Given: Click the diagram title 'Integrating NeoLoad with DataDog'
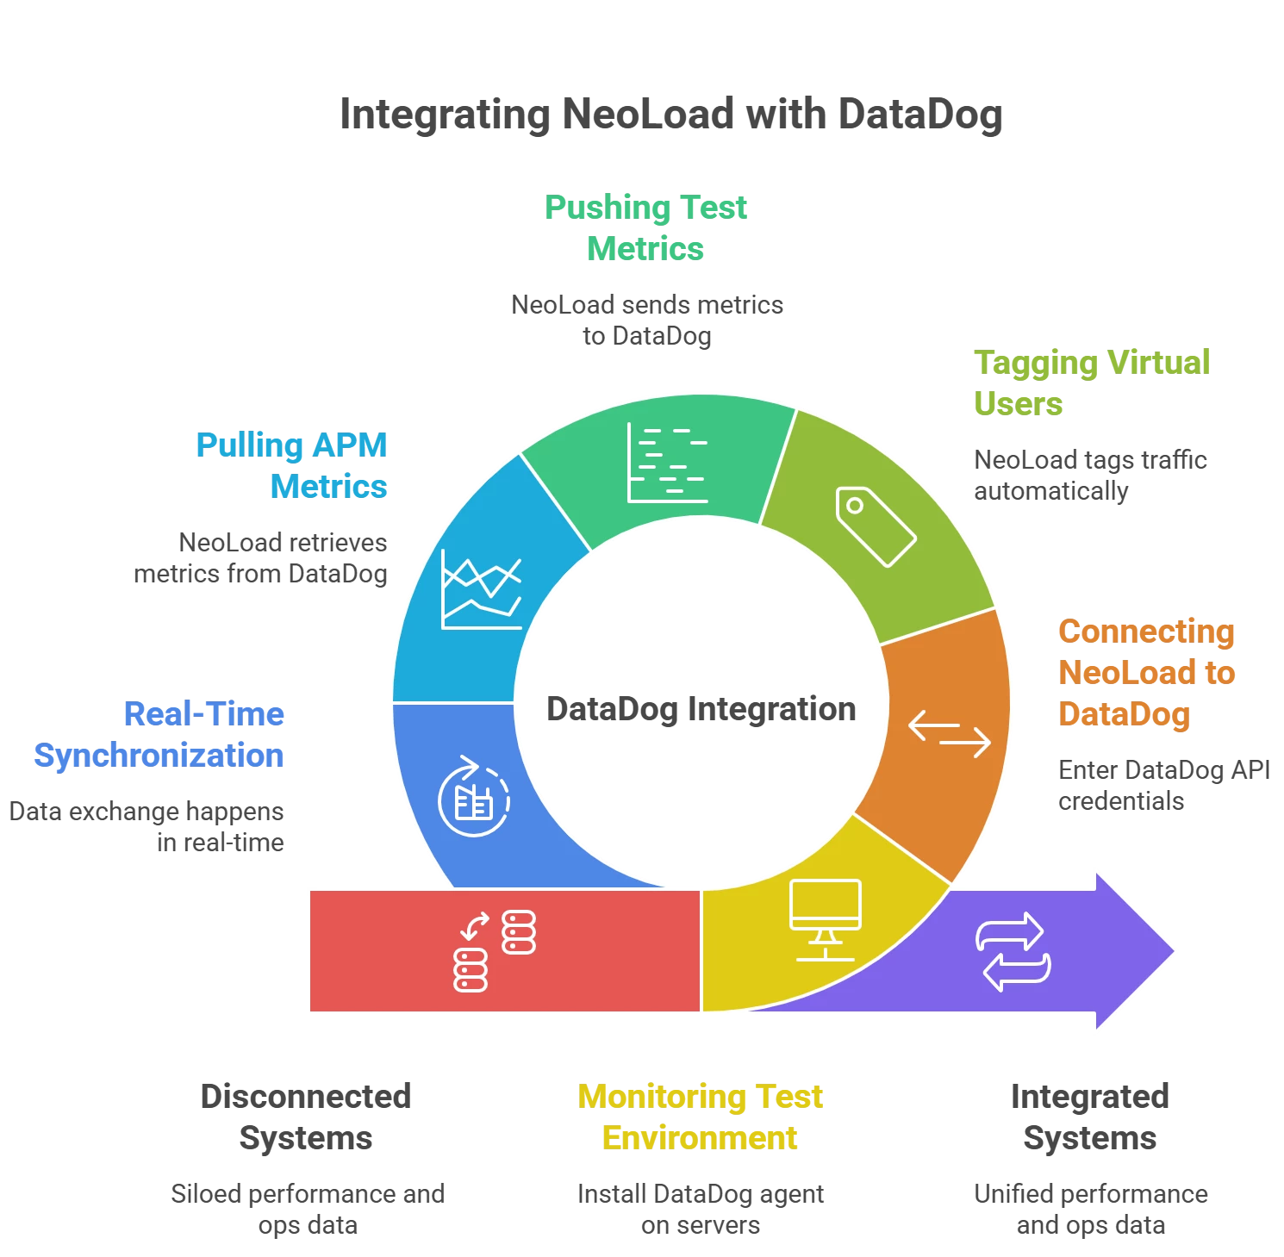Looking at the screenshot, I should coord(671,115).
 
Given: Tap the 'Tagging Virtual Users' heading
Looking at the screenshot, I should coord(1091,383).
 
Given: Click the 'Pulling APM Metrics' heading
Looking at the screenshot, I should coord(291,465).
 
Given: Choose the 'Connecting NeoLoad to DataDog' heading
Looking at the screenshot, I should coord(1146,672).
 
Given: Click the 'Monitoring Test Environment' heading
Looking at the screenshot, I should coord(701,1117).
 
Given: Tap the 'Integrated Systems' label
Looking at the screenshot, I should coord(1089,1117).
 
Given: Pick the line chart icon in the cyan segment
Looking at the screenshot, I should coord(481,589).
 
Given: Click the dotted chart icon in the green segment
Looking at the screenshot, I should coord(667,463).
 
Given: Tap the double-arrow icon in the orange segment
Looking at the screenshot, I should coord(950,734).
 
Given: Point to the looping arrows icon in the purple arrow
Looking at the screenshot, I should coord(1013,951).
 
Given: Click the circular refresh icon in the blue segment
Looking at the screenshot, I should coord(473,796).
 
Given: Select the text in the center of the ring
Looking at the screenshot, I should coord(701,709).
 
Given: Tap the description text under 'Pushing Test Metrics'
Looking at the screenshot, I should coord(647,320).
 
